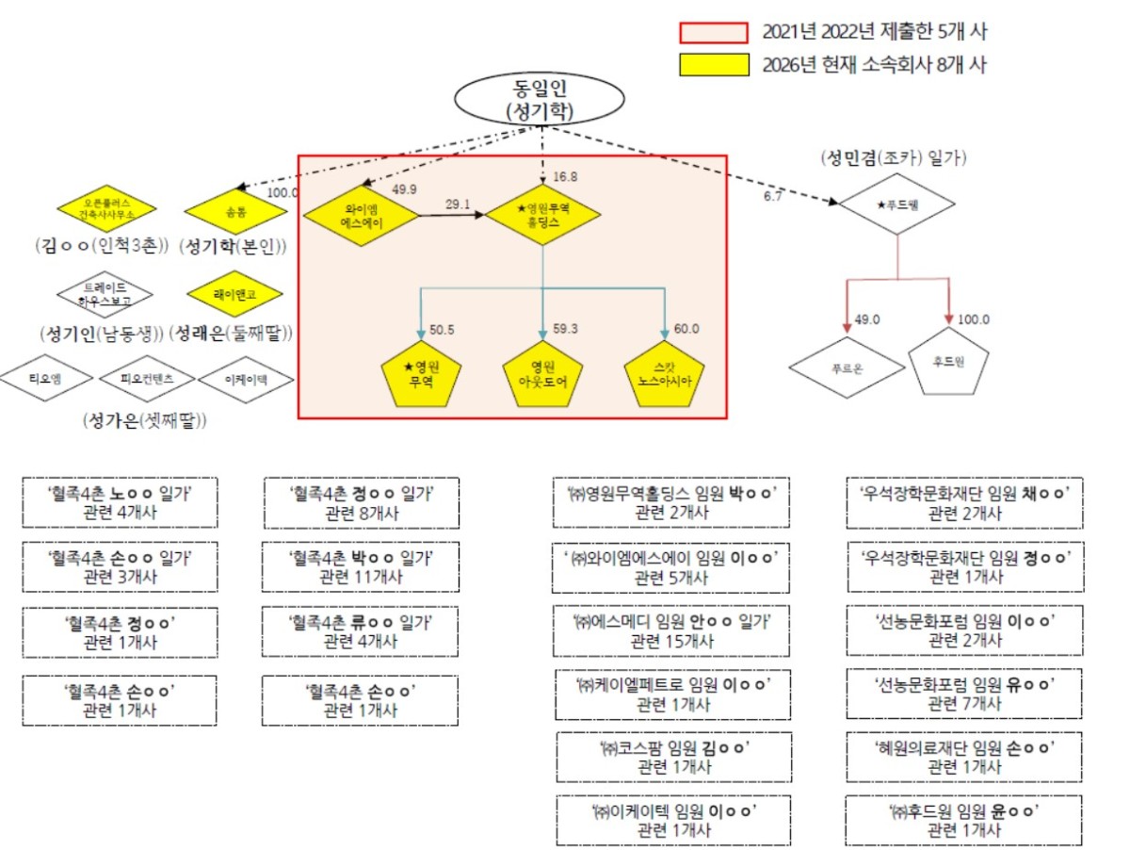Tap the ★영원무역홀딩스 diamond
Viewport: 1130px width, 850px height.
tap(542, 216)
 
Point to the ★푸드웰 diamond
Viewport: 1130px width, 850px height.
tap(896, 203)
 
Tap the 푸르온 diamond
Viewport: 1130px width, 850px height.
tap(841, 367)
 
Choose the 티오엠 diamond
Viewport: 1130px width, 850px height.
tap(47, 379)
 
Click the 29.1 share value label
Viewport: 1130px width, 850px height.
tap(460, 204)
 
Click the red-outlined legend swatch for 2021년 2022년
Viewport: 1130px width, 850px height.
tap(715, 32)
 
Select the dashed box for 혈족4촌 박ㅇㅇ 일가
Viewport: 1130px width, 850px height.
tap(361, 566)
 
